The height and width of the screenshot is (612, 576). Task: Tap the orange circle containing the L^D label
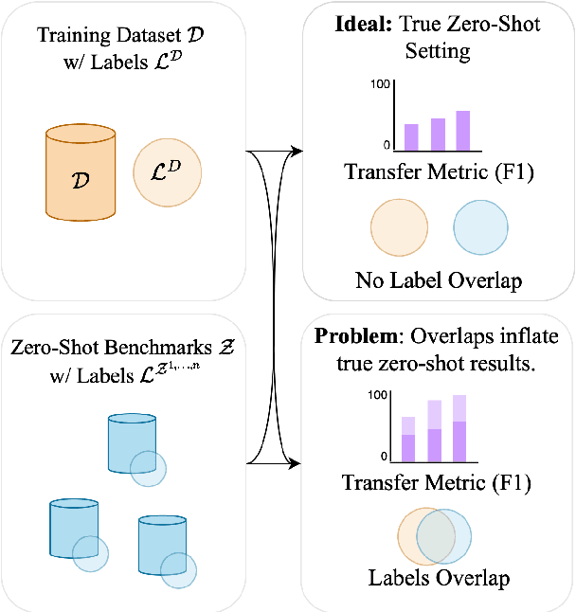coord(169,171)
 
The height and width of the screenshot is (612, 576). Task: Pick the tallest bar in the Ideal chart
coord(462,130)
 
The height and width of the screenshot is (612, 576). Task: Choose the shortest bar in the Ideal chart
coord(411,136)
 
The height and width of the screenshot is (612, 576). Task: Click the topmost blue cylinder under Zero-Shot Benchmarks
coord(131,441)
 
